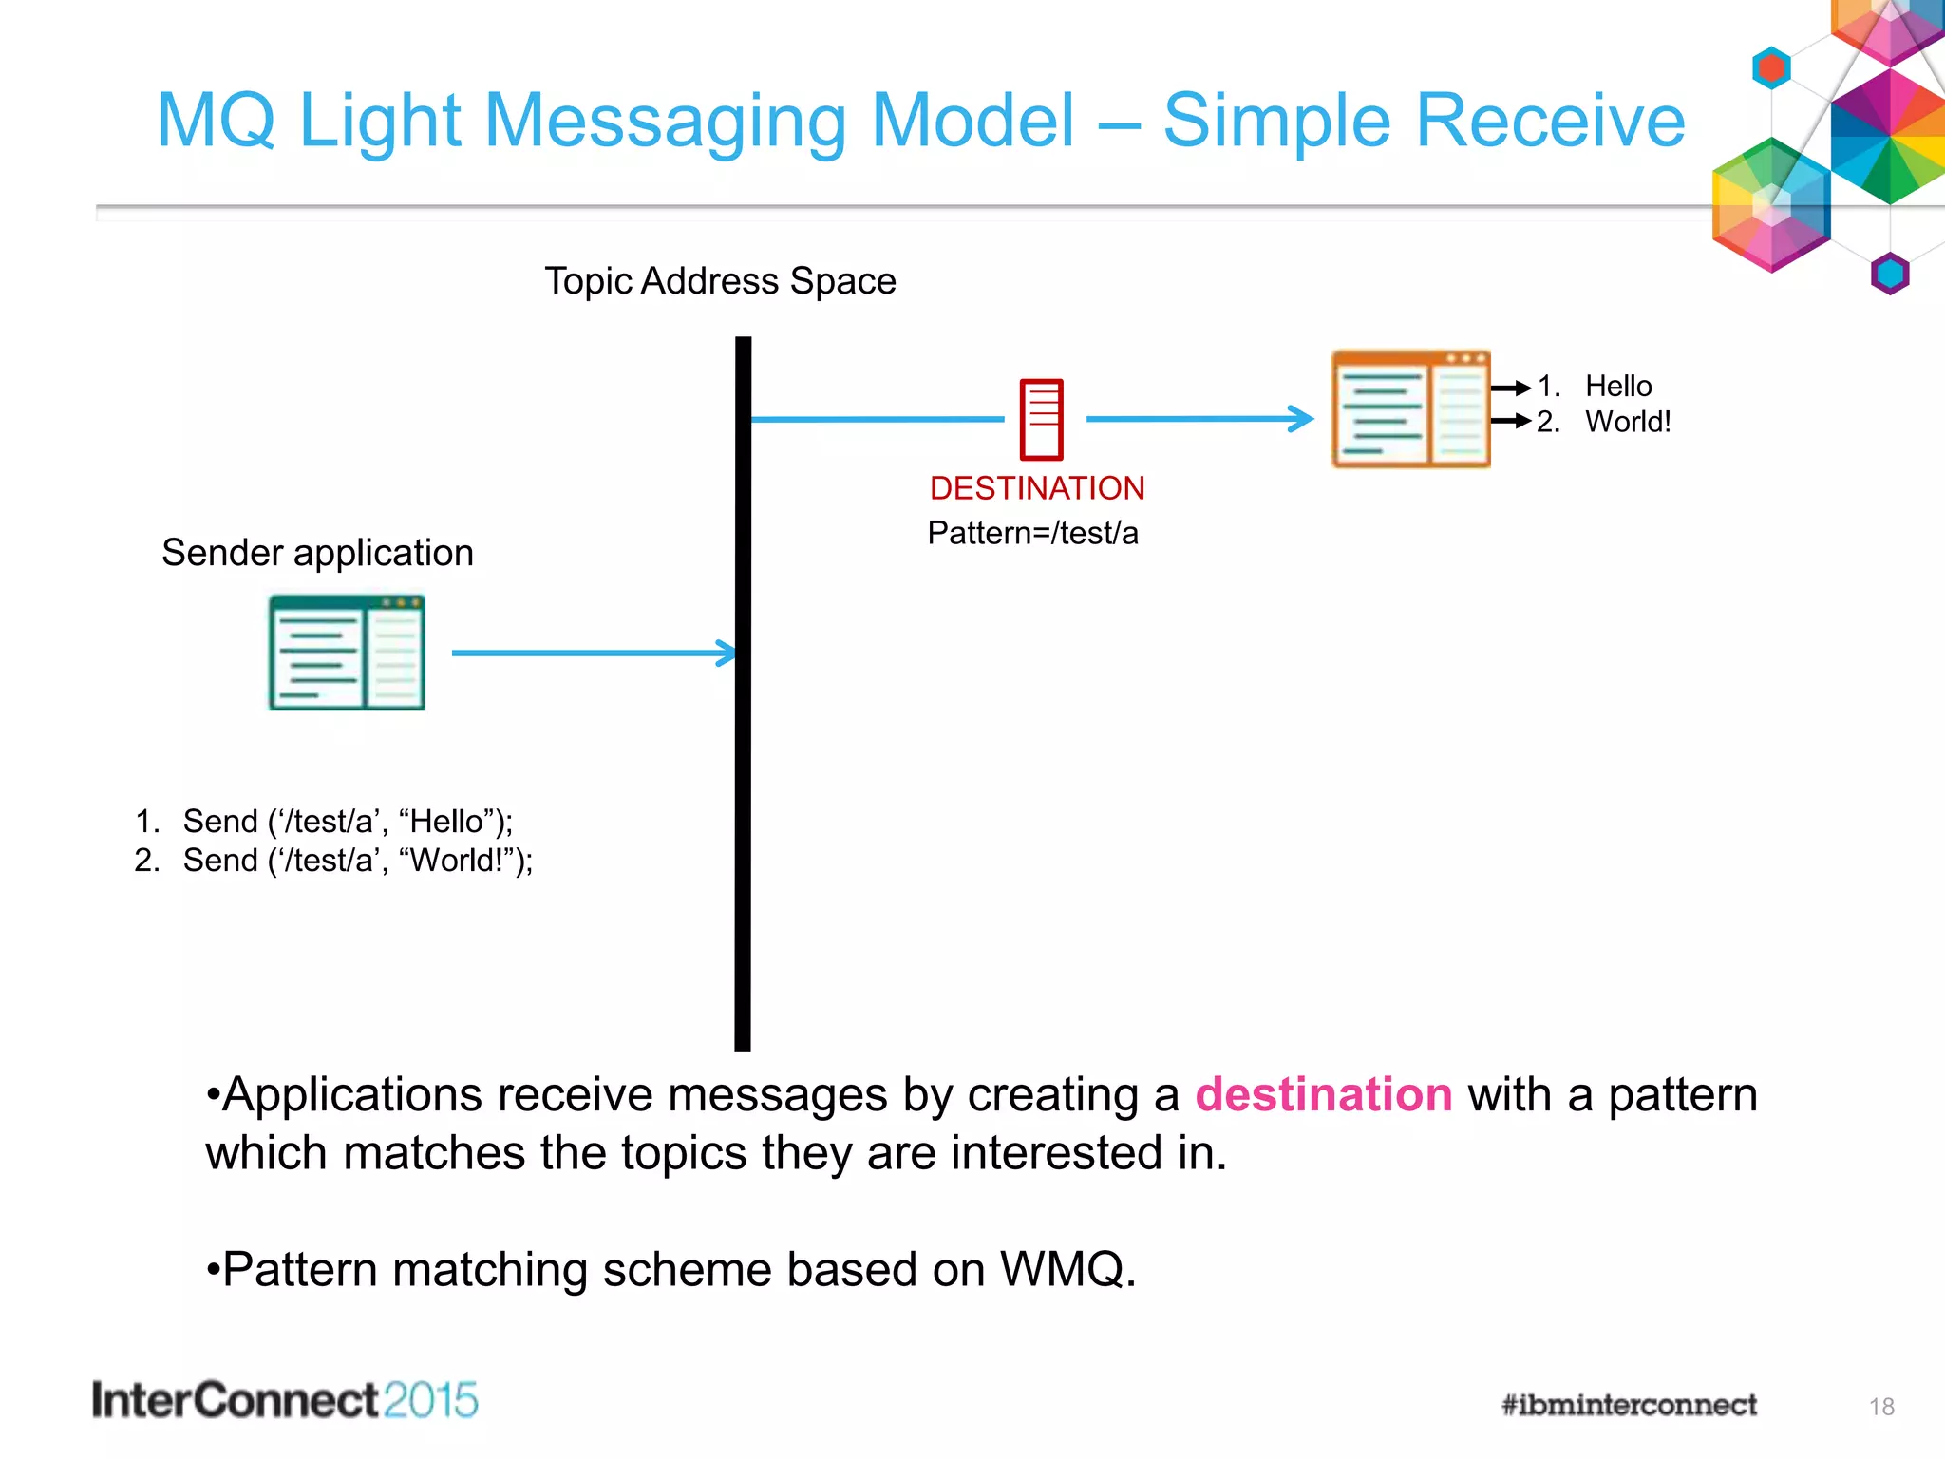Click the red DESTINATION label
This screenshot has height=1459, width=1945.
(1036, 488)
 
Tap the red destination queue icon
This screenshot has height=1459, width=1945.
(1041, 419)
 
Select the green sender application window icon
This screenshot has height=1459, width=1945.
(347, 653)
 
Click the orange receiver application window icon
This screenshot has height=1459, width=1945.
(1410, 409)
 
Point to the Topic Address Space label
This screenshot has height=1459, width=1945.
(720, 281)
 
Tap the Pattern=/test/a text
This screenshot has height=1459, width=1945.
(1032, 533)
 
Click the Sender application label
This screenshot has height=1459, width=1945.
(317, 553)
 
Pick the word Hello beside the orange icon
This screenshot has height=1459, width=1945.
(1618, 387)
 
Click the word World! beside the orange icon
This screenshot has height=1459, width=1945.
(1628, 422)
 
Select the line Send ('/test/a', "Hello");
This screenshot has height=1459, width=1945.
(347, 821)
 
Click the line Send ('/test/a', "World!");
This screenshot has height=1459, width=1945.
(357, 861)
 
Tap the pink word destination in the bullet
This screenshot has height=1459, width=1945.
(1323, 1094)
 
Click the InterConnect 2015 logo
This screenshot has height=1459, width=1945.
(285, 1401)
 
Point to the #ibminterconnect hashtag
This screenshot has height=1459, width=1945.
(1629, 1405)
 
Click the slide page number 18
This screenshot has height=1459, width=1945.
(1881, 1407)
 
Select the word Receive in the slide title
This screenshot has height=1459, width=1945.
(1425, 121)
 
